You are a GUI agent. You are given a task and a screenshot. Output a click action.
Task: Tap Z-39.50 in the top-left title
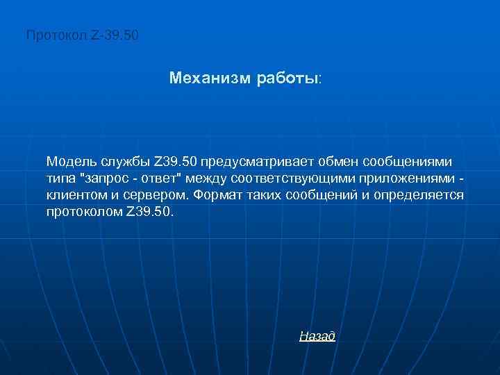point(115,34)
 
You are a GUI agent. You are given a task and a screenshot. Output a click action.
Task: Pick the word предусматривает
point(258,162)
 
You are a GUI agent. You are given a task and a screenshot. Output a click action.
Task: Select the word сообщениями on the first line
point(412,162)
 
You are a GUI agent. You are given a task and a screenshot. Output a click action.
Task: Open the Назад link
point(317,337)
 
